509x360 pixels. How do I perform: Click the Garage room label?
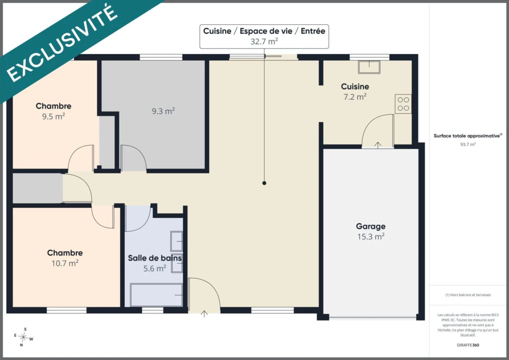[371, 226]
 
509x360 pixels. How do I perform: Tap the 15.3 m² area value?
[371, 237]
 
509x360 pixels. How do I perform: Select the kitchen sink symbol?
[369, 67]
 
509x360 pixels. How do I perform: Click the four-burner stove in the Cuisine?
[403, 104]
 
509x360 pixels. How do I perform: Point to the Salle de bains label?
[155, 258]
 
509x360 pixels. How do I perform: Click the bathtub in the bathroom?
[156, 295]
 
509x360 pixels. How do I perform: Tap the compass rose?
[23, 337]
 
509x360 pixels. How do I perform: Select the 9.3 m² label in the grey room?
[163, 111]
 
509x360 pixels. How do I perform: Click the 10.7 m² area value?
[65, 263]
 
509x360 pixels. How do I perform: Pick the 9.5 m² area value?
[53, 116]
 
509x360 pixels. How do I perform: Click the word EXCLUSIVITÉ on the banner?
[62, 44]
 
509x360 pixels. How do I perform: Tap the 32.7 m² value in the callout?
[264, 41]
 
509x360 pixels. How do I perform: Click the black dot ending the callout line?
[264, 183]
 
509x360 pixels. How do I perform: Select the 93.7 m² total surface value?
[468, 145]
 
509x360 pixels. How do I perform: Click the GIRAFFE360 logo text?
[468, 345]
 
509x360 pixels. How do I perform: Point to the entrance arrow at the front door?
[204, 314]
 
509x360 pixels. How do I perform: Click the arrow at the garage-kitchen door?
[378, 145]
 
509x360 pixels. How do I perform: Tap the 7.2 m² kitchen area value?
[355, 97]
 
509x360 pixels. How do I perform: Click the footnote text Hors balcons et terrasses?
[468, 295]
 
